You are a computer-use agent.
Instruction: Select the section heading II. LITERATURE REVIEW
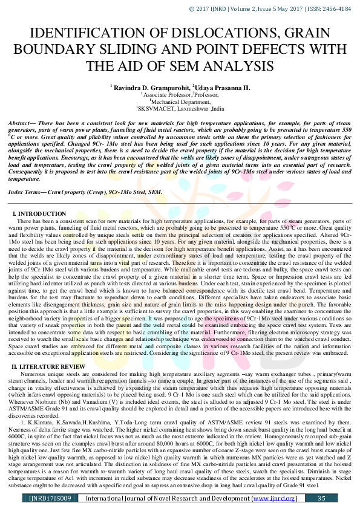pos(50,349)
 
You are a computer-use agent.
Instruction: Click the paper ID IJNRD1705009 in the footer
pos(50,498)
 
